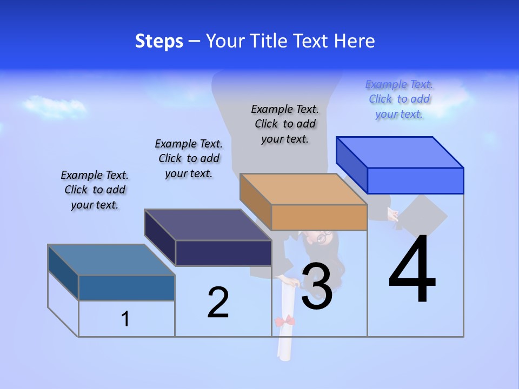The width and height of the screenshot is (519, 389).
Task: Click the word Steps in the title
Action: [x=159, y=41]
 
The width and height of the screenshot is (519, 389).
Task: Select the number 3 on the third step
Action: [x=316, y=287]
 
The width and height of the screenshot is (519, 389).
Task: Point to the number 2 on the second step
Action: [x=218, y=303]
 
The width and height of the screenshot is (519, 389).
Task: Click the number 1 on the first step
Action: [x=125, y=319]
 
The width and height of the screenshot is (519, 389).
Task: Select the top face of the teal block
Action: [x=111, y=260]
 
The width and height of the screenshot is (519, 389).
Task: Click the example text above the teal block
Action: [x=95, y=190]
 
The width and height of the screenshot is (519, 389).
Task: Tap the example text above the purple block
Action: [x=189, y=158]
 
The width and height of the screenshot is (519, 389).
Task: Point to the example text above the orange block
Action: [x=285, y=124]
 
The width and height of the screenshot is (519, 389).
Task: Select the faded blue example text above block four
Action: [x=399, y=99]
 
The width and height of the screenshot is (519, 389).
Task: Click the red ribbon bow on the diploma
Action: [x=284, y=321]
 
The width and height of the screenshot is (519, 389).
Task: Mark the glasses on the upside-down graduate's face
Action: [x=322, y=236]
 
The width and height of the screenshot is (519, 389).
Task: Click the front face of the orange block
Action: [x=319, y=218]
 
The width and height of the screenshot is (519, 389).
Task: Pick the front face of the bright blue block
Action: [x=415, y=180]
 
